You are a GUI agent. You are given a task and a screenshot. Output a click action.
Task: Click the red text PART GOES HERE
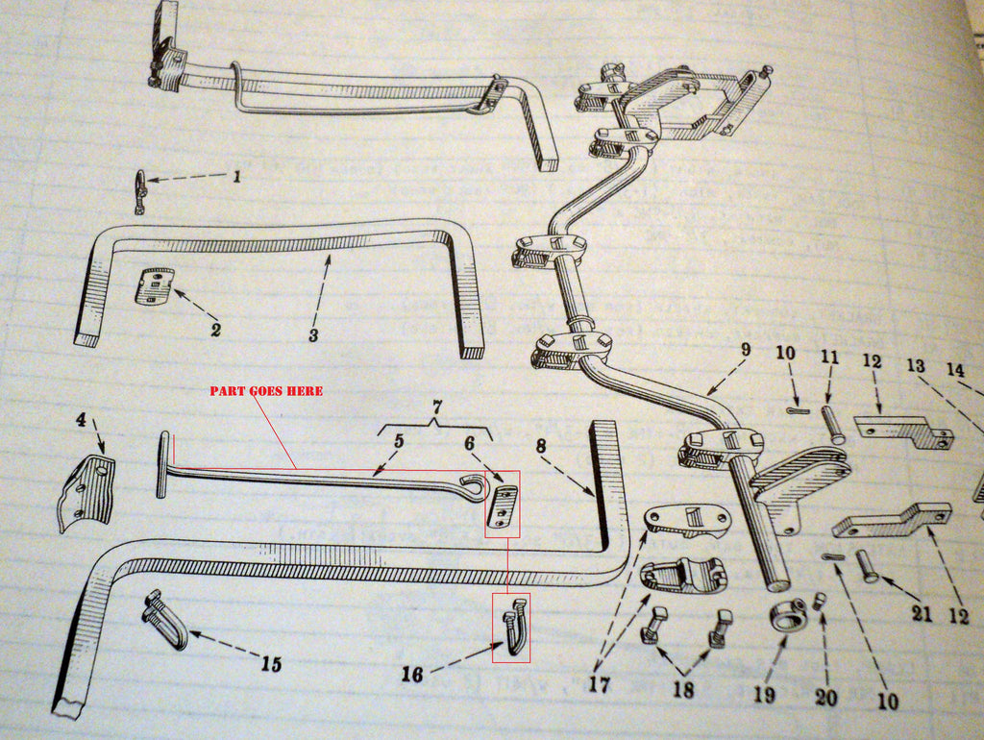point(266,391)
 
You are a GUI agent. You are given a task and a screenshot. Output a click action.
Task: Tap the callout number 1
point(235,177)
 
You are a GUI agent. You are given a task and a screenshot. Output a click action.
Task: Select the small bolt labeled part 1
point(140,191)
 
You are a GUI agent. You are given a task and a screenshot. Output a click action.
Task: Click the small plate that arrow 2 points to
point(154,286)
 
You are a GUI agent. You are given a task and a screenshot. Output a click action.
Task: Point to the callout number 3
point(313,335)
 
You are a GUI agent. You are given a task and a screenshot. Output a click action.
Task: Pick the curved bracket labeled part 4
point(87,491)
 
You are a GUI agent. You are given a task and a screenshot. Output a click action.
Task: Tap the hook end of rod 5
point(474,487)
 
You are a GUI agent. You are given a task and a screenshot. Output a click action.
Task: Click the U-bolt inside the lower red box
point(515,626)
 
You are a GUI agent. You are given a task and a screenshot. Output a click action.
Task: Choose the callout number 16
point(411,676)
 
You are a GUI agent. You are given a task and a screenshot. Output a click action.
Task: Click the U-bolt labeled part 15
point(165,621)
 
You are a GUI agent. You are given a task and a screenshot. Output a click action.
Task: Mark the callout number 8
point(540,445)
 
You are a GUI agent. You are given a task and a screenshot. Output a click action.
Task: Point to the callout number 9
point(745,350)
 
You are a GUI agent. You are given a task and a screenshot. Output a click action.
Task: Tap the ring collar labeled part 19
point(788,615)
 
